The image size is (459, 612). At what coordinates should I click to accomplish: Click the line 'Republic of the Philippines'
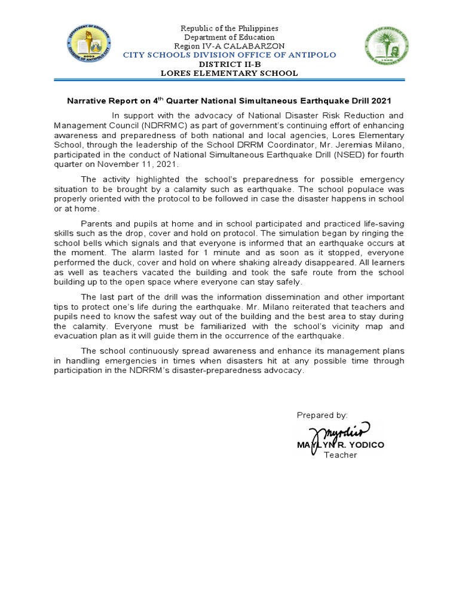click(229, 29)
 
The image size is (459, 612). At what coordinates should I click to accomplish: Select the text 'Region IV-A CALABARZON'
click(229, 46)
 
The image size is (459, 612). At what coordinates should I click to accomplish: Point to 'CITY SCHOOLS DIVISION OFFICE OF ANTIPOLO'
click(229, 55)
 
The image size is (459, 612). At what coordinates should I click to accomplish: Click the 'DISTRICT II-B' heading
click(229, 64)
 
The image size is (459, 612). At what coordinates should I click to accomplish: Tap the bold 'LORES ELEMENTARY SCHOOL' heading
click(229, 73)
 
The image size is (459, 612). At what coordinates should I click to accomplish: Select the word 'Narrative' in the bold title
click(85, 101)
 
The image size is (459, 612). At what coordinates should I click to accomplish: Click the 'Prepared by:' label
click(322, 415)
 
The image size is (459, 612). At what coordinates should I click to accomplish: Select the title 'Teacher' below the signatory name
click(340, 455)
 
